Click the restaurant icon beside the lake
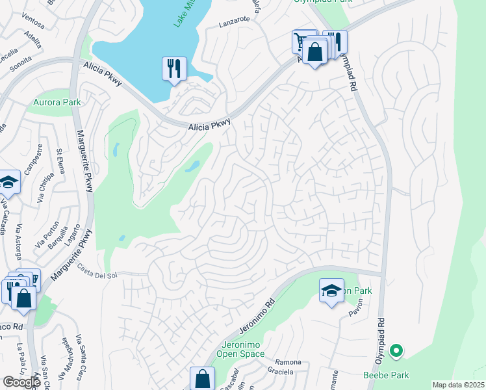pyautogui.click(x=173, y=69)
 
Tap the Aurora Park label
pyautogui.click(x=57, y=102)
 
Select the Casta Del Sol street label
pyautogui.click(x=97, y=275)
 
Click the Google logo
pyautogui.click(x=21, y=382)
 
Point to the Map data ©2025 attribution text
pyautogui.click(x=458, y=385)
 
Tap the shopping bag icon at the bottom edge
pyautogui.click(x=202, y=379)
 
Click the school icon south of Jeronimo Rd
pyautogui.click(x=331, y=291)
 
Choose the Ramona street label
pyautogui.click(x=288, y=362)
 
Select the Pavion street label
pyautogui.click(x=354, y=312)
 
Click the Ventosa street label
pyautogui.click(x=32, y=24)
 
